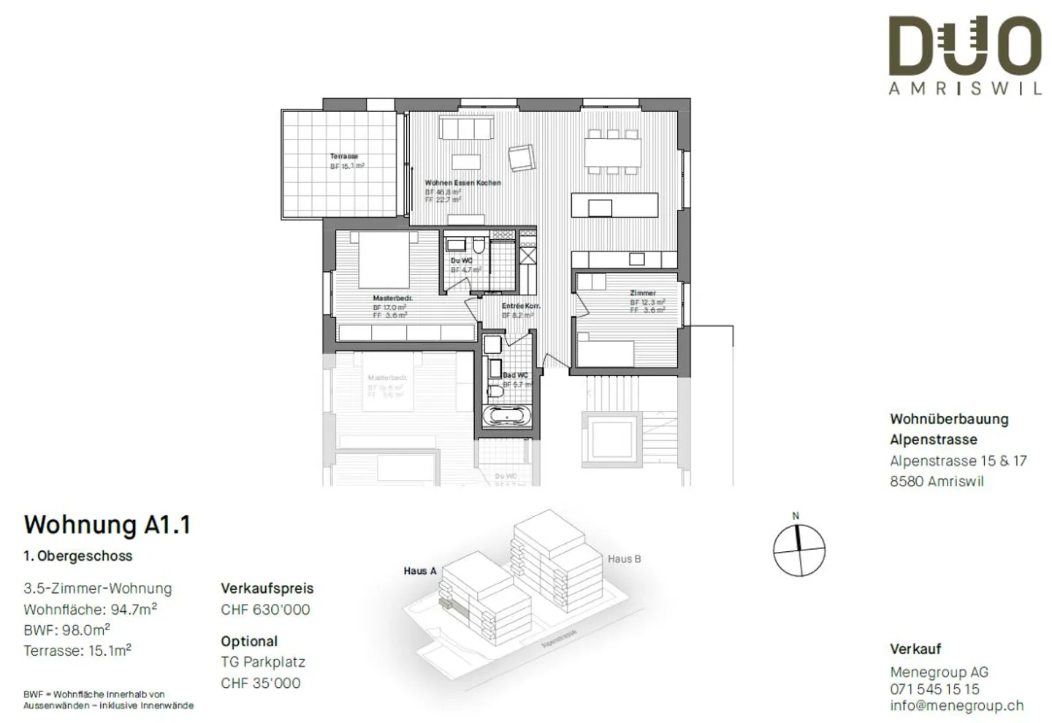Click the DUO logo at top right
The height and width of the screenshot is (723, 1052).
(x=964, y=48)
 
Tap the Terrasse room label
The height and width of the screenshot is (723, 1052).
(x=344, y=156)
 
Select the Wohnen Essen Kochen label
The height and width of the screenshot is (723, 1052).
(x=463, y=183)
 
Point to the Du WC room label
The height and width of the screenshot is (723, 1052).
(x=461, y=260)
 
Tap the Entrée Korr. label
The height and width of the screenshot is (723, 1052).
(x=521, y=306)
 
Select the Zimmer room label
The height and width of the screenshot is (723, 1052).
(x=643, y=293)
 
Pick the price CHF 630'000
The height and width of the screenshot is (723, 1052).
(x=265, y=610)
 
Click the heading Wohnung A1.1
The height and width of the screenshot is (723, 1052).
(x=107, y=525)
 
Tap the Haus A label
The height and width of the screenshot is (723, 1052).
(x=420, y=571)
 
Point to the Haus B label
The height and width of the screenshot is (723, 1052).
(x=624, y=559)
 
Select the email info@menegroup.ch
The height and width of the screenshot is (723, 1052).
(x=956, y=705)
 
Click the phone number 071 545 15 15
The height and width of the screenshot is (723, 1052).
(x=934, y=689)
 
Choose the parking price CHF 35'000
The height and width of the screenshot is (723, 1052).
(x=261, y=683)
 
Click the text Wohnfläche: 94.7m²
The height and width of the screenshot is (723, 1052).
(x=90, y=609)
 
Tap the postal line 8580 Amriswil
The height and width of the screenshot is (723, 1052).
(x=937, y=481)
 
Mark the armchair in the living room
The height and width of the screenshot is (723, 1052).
(x=522, y=157)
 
